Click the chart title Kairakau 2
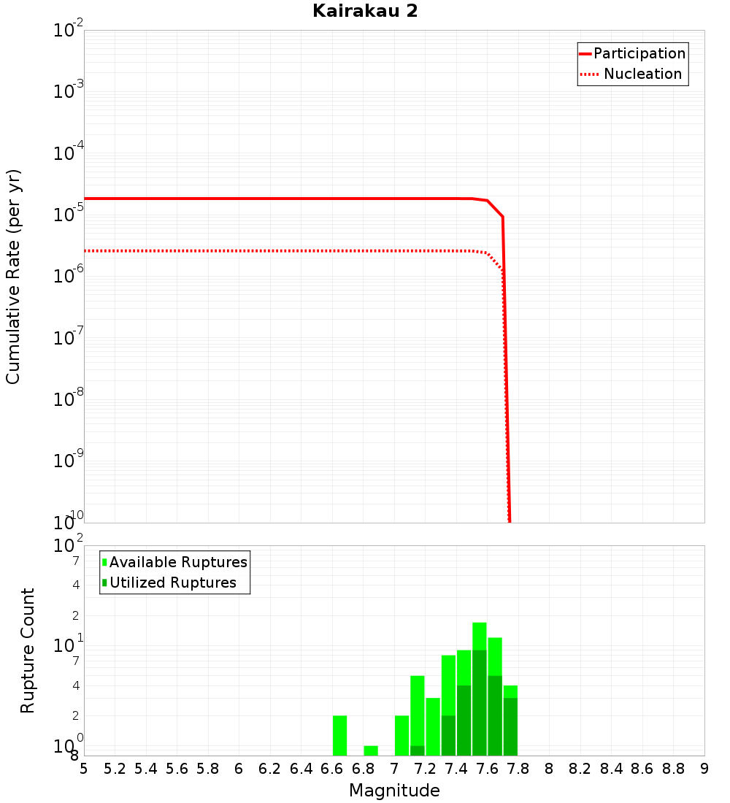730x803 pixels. pyautogui.click(x=365, y=12)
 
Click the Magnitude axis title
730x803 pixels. pyautogui.click(x=394, y=791)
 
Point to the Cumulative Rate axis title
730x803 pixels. pyautogui.click(x=13, y=276)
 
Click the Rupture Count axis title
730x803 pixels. pyautogui.click(x=28, y=650)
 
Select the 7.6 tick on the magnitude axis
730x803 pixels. pyautogui.click(x=487, y=769)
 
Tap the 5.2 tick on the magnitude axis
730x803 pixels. pyautogui.click(x=115, y=769)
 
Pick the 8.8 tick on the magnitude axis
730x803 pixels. pyautogui.click(x=673, y=769)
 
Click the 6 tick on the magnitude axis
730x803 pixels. pyautogui.click(x=239, y=769)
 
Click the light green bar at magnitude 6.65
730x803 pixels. pyautogui.click(x=339, y=735)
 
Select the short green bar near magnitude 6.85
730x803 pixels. pyautogui.click(x=371, y=750)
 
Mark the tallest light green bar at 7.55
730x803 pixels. pyautogui.click(x=480, y=636)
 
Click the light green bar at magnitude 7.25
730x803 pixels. pyautogui.click(x=433, y=726)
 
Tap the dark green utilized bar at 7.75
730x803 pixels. pyautogui.click(x=510, y=726)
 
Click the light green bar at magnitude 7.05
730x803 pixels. pyautogui.click(x=401, y=735)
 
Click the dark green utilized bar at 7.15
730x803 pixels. pyautogui.click(x=418, y=750)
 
